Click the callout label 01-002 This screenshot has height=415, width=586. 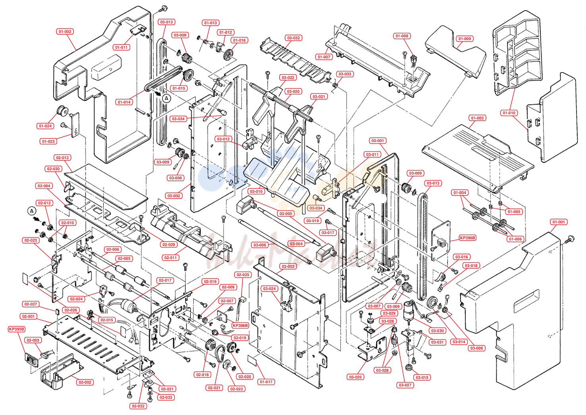click(65, 32)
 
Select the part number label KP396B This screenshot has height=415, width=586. click(468, 238)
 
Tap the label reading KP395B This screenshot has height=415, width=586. click(17, 329)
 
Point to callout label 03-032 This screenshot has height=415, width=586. click(293, 38)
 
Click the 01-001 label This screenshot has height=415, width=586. click(559, 222)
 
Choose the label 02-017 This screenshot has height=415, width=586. click(165, 281)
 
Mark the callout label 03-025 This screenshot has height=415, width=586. click(355, 377)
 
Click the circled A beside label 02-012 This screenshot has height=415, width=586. click(32, 211)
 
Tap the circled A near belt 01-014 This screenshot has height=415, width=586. click(167, 98)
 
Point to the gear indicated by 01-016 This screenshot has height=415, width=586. click(229, 54)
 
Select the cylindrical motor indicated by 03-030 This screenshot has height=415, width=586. click(408, 311)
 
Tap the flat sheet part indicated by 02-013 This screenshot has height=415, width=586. click(106, 186)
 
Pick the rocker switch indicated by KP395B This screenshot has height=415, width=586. click(31, 361)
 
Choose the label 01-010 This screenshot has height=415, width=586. click(509, 113)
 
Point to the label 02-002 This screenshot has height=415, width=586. click(85, 382)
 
